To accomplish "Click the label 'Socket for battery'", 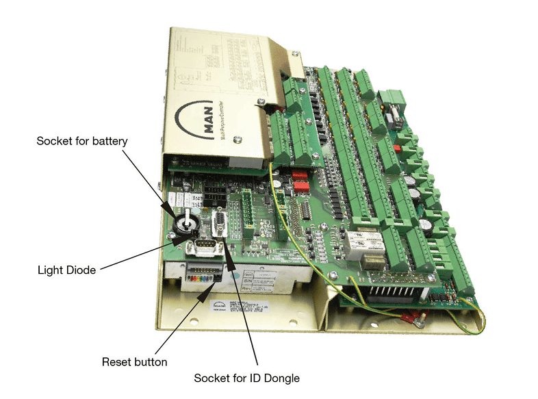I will (x=82, y=142).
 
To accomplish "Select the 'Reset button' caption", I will (x=134, y=361).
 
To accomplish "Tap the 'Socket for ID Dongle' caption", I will (x=246, y=378).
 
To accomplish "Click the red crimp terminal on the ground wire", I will (x=410, y=317).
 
